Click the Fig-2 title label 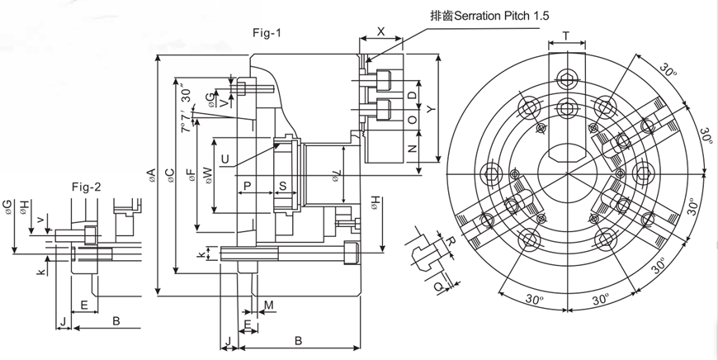(x=86, y=187)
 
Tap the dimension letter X (x=380, y=31)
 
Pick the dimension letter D (x=412, y=96)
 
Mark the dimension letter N (x=412, y=149)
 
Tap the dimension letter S (x=282, y=186)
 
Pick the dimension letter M (x=270, y=306)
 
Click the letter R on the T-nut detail (x=451, y=240)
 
